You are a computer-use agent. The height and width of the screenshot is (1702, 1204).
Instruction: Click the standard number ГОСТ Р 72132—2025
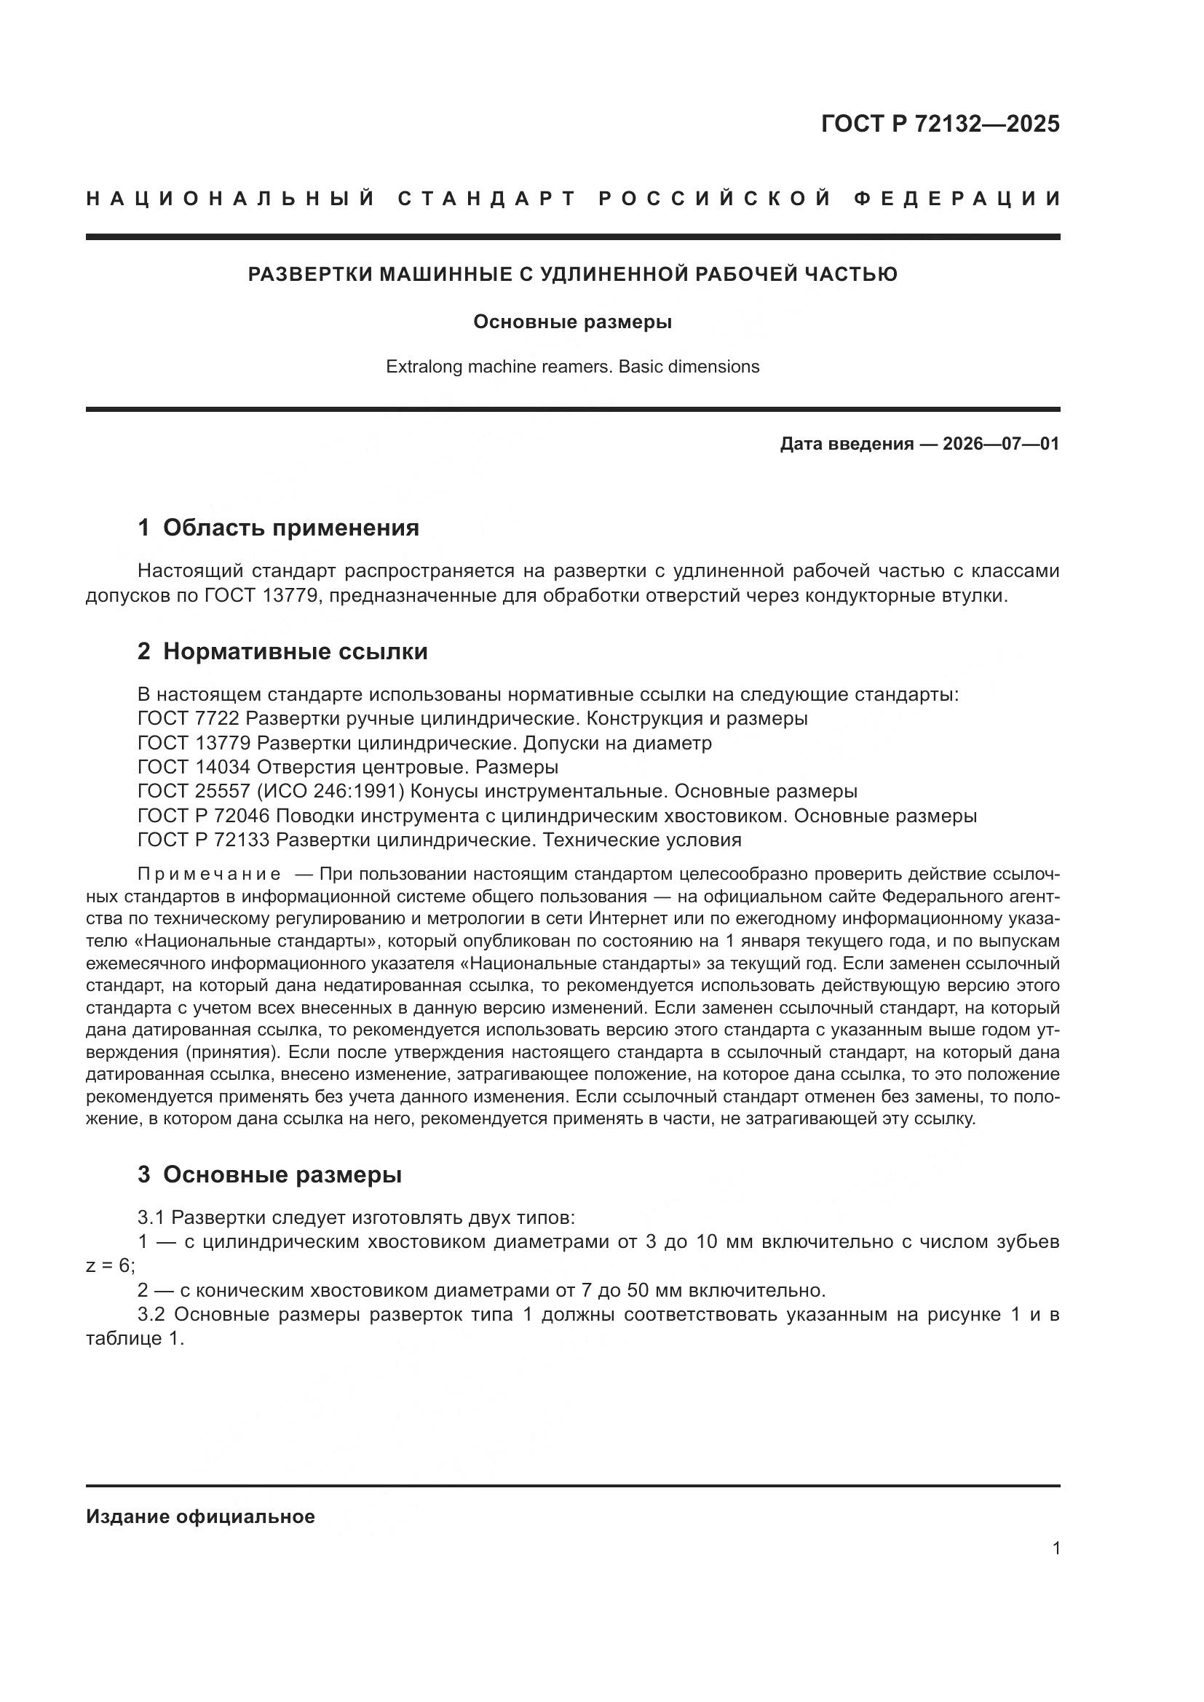point(940,124)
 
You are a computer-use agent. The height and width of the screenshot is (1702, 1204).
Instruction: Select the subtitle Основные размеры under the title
point(572,322)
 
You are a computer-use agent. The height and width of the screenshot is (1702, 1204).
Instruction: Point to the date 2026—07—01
point(1001,444)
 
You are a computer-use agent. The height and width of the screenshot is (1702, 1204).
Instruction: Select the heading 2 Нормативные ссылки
point(282,651)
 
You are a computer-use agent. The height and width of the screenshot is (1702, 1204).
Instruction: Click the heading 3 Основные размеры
point(270,1175)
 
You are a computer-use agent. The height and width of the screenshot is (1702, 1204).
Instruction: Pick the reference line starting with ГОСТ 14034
point(347,766)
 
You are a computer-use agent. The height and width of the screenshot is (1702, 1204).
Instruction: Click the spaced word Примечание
point(209,874)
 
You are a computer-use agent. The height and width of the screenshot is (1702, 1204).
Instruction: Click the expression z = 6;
point(111,1266)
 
